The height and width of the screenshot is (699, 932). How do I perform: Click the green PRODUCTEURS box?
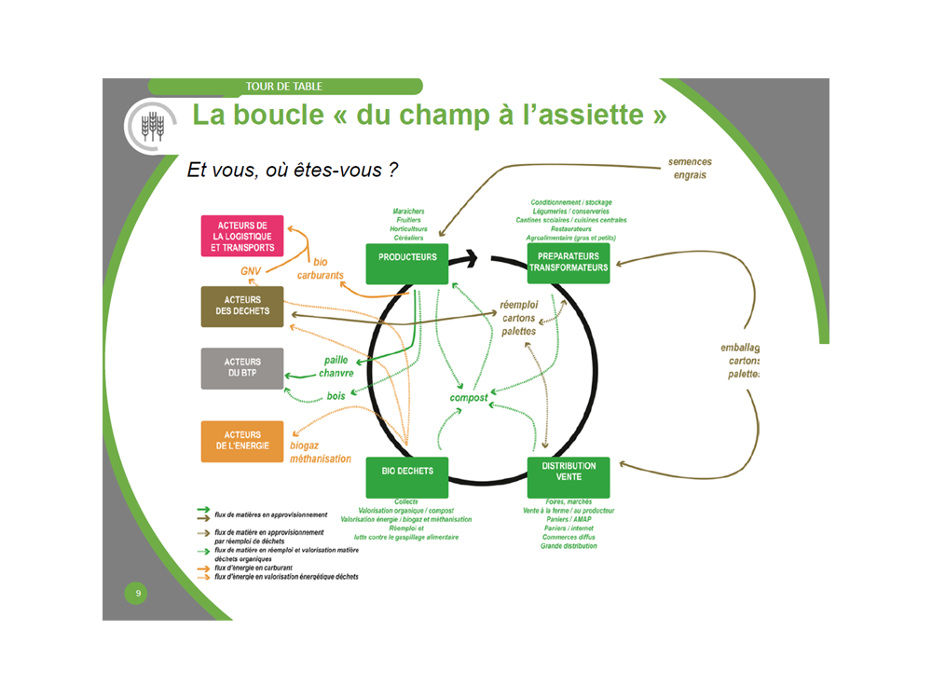(x=407, y=263)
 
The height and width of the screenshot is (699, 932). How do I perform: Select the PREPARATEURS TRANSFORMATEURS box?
(x=569, y=263)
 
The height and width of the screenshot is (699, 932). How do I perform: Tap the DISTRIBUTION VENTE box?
(x=569, y=477)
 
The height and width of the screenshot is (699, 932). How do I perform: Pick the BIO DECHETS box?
(x=407, y=477)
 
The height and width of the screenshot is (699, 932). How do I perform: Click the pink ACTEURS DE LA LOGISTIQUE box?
(x=241, y=237)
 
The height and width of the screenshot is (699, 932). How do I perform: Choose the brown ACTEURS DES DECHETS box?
(x=241, y=306)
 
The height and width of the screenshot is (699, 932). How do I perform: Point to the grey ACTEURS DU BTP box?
(x=241, y=368)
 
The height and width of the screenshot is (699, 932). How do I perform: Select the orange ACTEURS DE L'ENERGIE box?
(x=241, y=441)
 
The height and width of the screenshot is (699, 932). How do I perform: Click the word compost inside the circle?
(x=469, y=398)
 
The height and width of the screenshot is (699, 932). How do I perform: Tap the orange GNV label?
(x=251, y=271)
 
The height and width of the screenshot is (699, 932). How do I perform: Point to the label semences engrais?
(x=690, y=168)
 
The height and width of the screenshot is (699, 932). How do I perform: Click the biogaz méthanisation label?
(x=320, y=452)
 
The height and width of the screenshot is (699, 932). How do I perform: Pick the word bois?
(x=336, y=396)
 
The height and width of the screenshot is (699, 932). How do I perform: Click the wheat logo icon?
(x=151, y=125)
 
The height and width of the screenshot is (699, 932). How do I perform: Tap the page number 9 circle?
(x=138, y=594)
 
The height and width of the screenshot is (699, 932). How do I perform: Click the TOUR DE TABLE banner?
(x=284, y=87)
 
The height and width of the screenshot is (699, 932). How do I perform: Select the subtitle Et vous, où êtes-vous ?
(x=293, y=170)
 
